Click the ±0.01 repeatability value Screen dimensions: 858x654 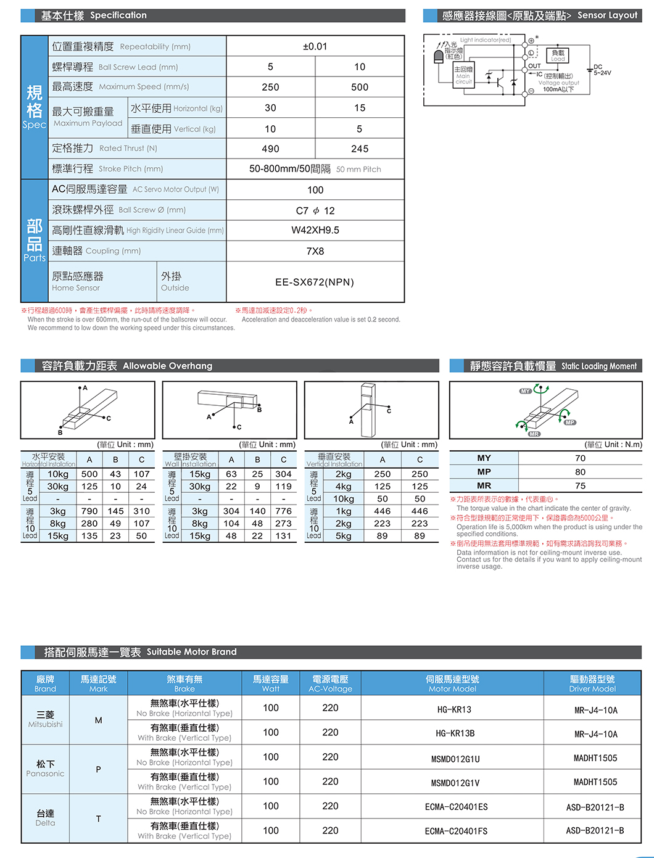click(x=315, y=46)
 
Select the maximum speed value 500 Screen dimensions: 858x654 click(x=360, y=87)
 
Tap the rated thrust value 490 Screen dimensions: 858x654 click(x=270, y=149)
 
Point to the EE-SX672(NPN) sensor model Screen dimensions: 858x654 click(x=315, y=282)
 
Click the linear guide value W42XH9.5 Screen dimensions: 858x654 click(x=315, y=230)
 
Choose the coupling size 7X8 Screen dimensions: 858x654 click(x=315, y=251)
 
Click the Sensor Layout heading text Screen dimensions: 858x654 click(x=607, y=15)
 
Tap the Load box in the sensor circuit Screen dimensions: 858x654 click(x=558, y=56)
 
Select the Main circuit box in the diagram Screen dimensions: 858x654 click(x=463, y=75)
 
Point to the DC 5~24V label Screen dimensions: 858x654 click(x=602, y=70)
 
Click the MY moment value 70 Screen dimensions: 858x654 click(x=580, y=458)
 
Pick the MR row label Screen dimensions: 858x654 click(x=484, y=485)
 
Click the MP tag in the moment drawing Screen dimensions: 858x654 click(x=569, y=422)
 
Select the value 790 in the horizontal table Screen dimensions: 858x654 click(x=89, y=511)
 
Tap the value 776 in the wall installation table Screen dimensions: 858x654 click(x=283, y=511)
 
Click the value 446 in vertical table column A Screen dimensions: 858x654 click(x=383, y=511)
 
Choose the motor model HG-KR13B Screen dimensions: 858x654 click(x=455, y=733)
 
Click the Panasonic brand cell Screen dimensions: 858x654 click(x=46, y=769)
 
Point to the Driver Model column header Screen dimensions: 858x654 click(x=592, y=683)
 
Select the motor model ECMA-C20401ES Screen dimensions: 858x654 click(x=456, y=807)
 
